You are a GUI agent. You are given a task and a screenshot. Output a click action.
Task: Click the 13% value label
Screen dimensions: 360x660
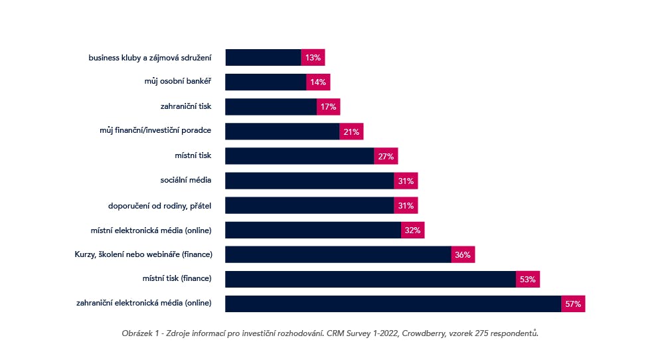coord(313,58)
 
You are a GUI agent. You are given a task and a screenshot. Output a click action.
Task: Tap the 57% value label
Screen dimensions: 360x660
coord(573,304)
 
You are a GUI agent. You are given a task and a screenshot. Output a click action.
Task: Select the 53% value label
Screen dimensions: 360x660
coord(528,280)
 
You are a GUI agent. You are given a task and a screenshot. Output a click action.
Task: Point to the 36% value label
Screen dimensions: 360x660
coord(463,255)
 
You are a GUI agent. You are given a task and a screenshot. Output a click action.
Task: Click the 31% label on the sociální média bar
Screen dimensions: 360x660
coord(406,181)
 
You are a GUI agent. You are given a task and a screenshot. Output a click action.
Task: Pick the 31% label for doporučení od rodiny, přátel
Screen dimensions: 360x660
coord(406,205)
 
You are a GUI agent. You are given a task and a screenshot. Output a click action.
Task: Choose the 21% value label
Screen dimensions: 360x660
coord(351,132)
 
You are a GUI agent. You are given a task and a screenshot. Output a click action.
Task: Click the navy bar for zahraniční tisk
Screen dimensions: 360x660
coord(271,107)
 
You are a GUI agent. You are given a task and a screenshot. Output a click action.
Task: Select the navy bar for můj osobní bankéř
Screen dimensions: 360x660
coord(266,82)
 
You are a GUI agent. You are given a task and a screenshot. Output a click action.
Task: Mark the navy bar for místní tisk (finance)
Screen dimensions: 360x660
coord(371,280)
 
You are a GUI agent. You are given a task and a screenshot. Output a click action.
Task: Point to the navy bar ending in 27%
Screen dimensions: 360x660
coord(299,156)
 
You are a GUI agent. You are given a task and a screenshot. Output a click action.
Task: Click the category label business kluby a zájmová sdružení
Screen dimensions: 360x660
coord(149,58)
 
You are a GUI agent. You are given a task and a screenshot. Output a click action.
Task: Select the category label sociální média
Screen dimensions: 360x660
coord(185,181)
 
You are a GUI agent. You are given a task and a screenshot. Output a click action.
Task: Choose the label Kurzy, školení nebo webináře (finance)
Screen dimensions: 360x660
coord(143,255)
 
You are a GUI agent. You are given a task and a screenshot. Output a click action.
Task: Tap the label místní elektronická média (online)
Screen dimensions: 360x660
coord(151,230)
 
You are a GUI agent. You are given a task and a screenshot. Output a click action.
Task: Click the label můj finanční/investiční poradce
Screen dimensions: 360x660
coord(155,132)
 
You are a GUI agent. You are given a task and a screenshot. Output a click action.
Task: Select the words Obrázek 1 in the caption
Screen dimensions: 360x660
coord(140,333)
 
